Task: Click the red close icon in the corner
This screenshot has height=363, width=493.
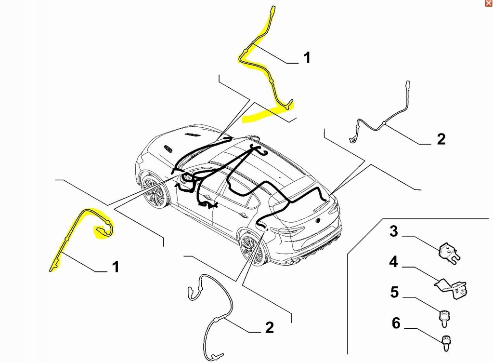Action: pos(489,3)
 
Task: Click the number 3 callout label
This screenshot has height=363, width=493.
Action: pos(394,232)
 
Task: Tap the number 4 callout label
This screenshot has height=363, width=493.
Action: pos(394,263)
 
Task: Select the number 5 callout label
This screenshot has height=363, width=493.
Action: pos(394,293)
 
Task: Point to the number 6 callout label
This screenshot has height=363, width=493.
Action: pos(396,323)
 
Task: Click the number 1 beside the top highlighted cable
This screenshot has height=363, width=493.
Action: pos(307,58)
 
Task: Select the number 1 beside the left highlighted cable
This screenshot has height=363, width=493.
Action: pos(115,267)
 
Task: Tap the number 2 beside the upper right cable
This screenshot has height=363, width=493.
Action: pos(441,139)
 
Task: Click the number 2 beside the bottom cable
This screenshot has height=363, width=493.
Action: pos(269,328)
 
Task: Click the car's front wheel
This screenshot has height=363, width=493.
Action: pos(154,191)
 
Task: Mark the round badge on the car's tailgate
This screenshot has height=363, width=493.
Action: pos(318,220)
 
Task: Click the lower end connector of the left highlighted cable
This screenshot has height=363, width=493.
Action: pos(52,269)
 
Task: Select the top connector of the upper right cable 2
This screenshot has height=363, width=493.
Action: pos(407,83)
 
